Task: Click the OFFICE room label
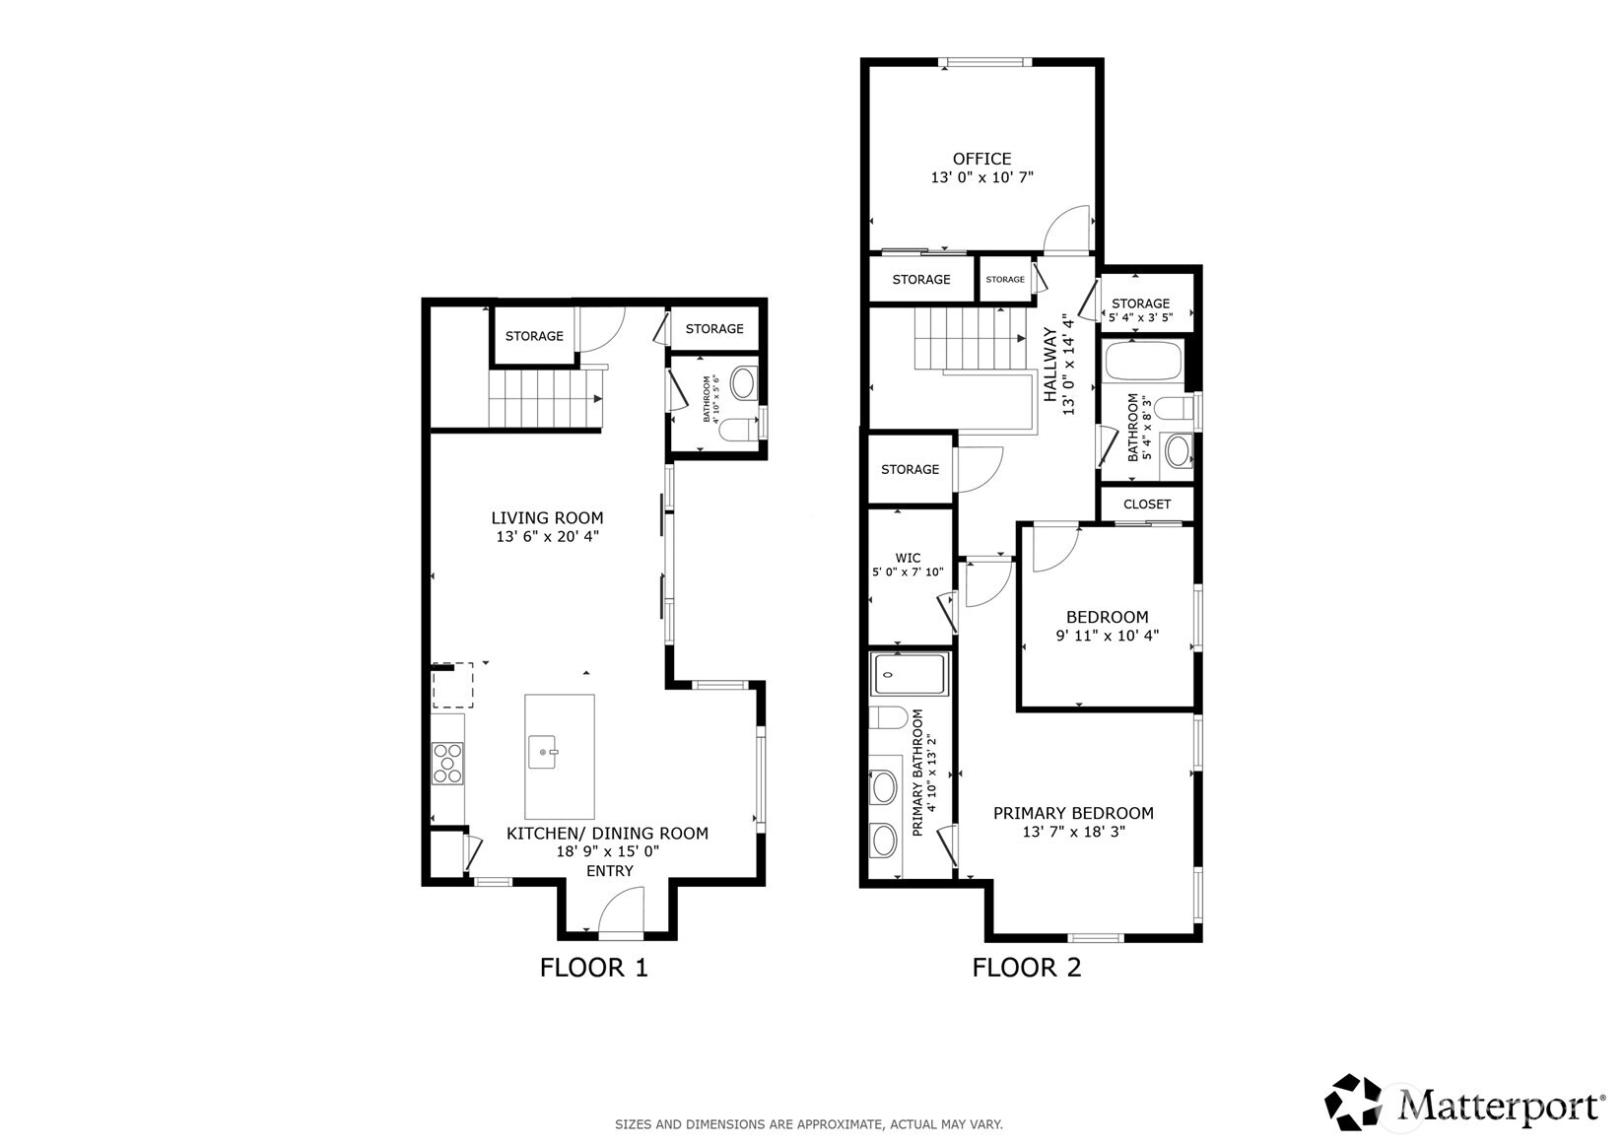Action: [981, 159]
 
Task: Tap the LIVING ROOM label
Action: [547, 518]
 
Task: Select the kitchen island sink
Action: [543, 752]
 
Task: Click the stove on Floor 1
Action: [447, 764]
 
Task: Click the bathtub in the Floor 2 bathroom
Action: [1143, 360]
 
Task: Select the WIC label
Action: [908, 558]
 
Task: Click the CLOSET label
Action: [1147, 505]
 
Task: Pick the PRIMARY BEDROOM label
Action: [1073, 813]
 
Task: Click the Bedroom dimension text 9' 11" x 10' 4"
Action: [1107, 636]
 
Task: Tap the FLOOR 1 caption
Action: [593, 968]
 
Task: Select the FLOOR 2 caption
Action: [1026, 968]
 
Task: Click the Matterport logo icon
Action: [1353, 1103]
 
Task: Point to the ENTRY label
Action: [609, 871]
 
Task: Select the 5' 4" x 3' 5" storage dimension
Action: [1140, 317]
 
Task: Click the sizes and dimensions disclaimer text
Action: [809, 1124]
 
